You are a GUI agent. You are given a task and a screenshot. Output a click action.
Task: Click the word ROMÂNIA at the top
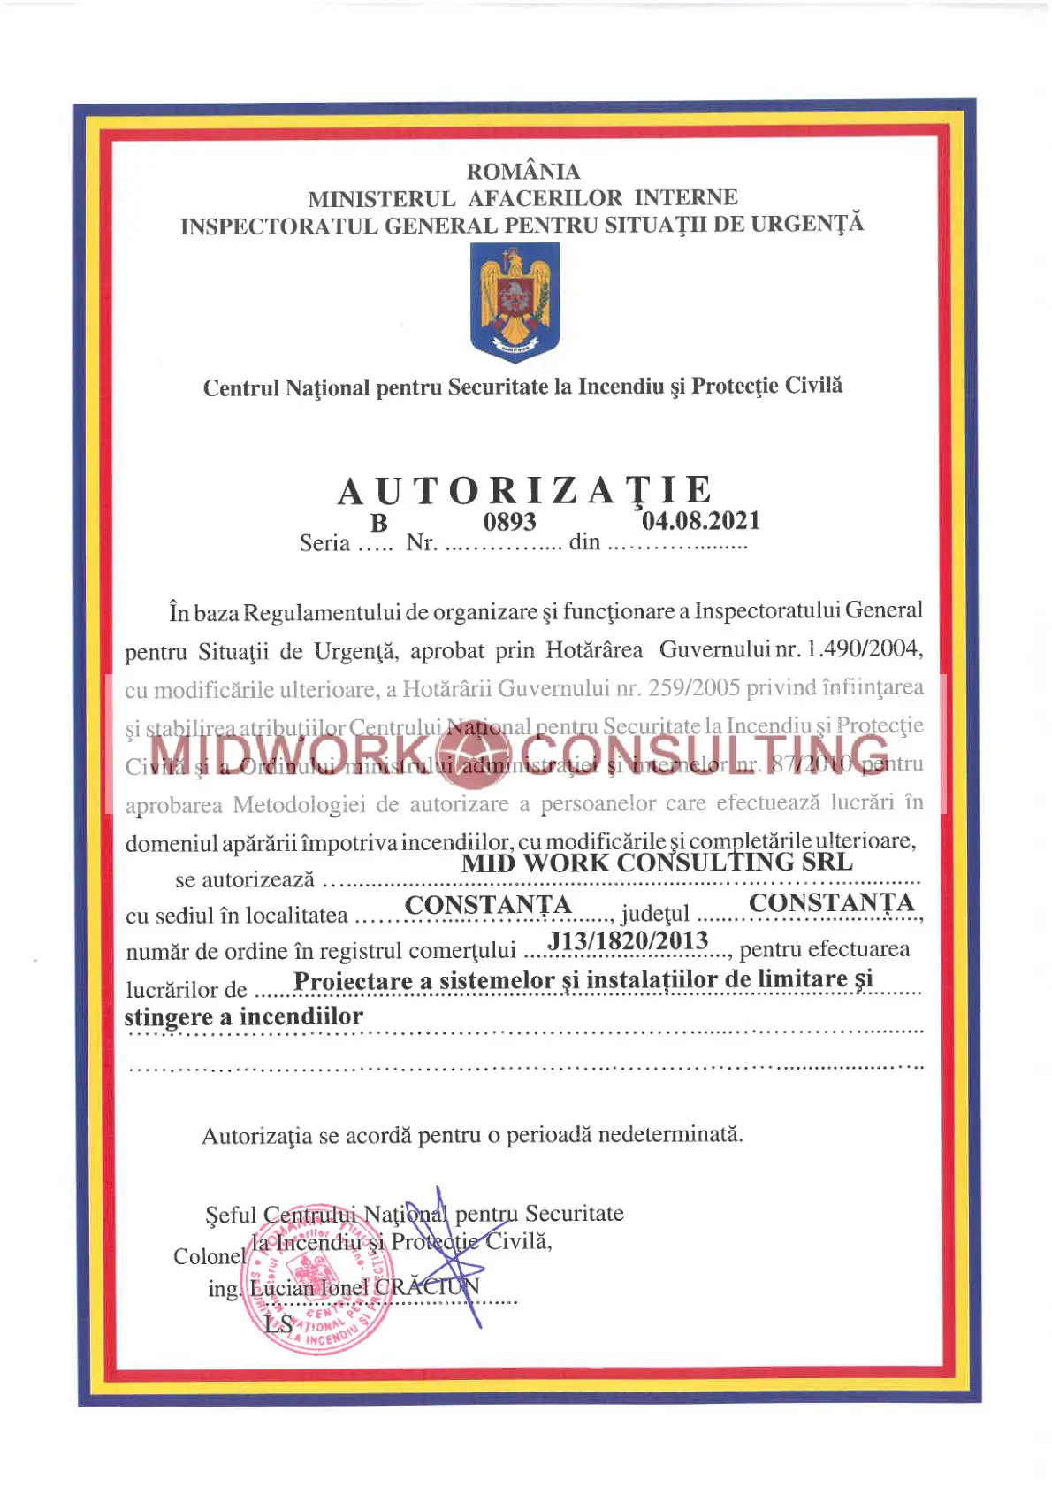pos(523,171)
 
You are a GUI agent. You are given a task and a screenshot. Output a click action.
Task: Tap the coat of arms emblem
pos(515,302)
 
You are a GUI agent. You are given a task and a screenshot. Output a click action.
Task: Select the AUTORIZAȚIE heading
pos(525,491)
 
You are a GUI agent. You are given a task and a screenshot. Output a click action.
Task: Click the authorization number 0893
pos(509,522)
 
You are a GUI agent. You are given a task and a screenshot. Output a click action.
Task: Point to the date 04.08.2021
pos(701,520)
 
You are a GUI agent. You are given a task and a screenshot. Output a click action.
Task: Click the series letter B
pos(378,524)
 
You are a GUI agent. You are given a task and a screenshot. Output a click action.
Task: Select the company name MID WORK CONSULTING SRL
pos(657,863)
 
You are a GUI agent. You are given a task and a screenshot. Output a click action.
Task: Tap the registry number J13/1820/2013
pos(629,940)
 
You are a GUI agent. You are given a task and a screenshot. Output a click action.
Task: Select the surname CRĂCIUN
pos(427,1286)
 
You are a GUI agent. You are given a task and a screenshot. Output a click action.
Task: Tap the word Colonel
pos(209,1256)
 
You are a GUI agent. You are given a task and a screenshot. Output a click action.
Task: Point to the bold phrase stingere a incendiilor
pos(243,1016)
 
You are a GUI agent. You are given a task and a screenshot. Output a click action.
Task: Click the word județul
pos(655,913)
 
